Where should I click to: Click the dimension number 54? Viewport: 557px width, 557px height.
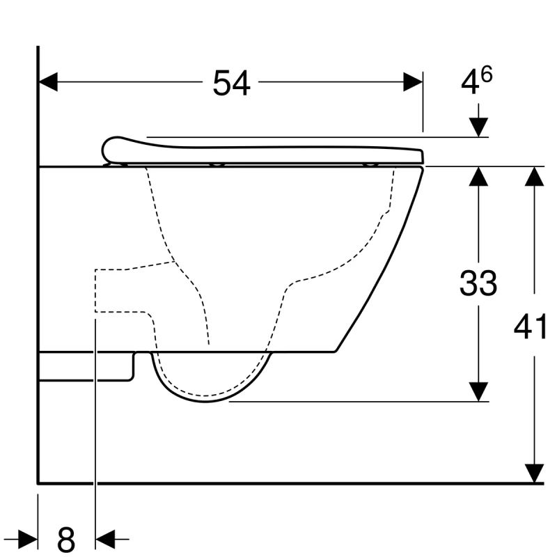[231, 84]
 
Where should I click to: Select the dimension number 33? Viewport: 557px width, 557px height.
[478, 283]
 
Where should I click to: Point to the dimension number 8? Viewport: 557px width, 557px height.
[65, 538]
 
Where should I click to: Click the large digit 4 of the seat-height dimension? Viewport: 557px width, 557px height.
[471, 84]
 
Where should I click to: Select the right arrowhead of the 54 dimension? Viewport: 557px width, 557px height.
[414, 82]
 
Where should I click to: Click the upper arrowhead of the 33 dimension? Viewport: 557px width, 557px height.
[478, 176]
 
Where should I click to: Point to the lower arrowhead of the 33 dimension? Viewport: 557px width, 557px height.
[478, 392]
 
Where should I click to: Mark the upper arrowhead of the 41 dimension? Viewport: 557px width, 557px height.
[534, 176]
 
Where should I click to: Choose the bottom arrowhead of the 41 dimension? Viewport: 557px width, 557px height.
[534, 473]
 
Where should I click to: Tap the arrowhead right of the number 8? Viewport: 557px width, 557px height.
[104, 538]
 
